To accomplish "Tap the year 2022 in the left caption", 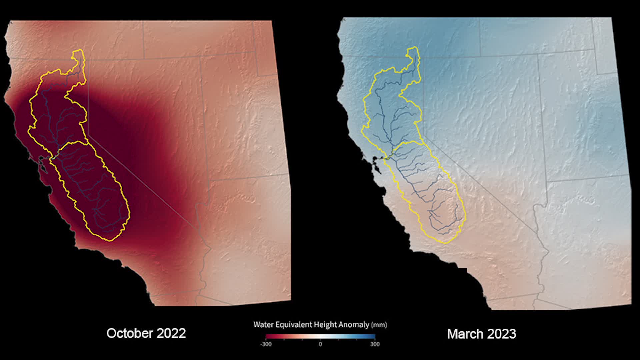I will click(171, 333).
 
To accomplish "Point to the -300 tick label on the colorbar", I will click(266, 344).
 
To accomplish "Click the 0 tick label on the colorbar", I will click(320, 344).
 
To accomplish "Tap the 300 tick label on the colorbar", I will click(375, 344).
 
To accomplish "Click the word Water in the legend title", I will click(263, 325).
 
